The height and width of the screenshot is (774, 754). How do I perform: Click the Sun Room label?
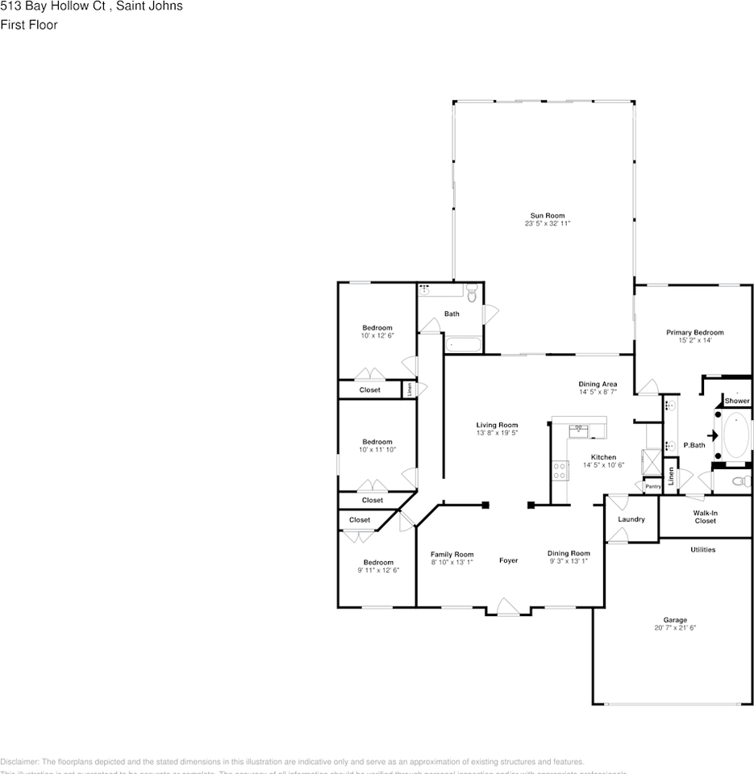click(x=547, y=215)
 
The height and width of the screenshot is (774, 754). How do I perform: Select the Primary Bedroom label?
click(x=694, y=332)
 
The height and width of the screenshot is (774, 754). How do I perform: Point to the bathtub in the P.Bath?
click(x=736, y=436)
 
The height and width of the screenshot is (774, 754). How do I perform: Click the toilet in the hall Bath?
click(x=473, y=296)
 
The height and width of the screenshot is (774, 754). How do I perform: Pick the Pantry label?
click(x=652, y=486)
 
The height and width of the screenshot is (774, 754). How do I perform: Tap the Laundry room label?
click(x=631, y=519)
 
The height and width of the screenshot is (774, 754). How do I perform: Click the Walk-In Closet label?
click(x=705, y=517)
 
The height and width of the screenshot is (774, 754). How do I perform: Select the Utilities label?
click(x=702, y=550)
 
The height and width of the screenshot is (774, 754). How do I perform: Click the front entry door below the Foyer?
click(x=507, y=607)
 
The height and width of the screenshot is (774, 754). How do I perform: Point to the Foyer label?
click(x=508, y=560)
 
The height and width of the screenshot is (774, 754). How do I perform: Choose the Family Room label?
click(x=452, y=554)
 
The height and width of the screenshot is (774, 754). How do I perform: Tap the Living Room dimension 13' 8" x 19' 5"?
click(x=497, y=433)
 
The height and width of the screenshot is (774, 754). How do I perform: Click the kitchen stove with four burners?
click(x=560, y=470)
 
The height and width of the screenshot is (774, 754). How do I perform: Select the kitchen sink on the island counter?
click(x=579, y=430)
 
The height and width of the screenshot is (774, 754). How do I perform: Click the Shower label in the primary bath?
click(x=736, y=401)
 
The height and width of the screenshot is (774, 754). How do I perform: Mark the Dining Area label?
click(x=598, y=384)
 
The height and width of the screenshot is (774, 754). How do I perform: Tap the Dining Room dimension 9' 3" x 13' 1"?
click(x=569, y=561)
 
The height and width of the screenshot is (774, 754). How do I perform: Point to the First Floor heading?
click(x=29, y=25)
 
